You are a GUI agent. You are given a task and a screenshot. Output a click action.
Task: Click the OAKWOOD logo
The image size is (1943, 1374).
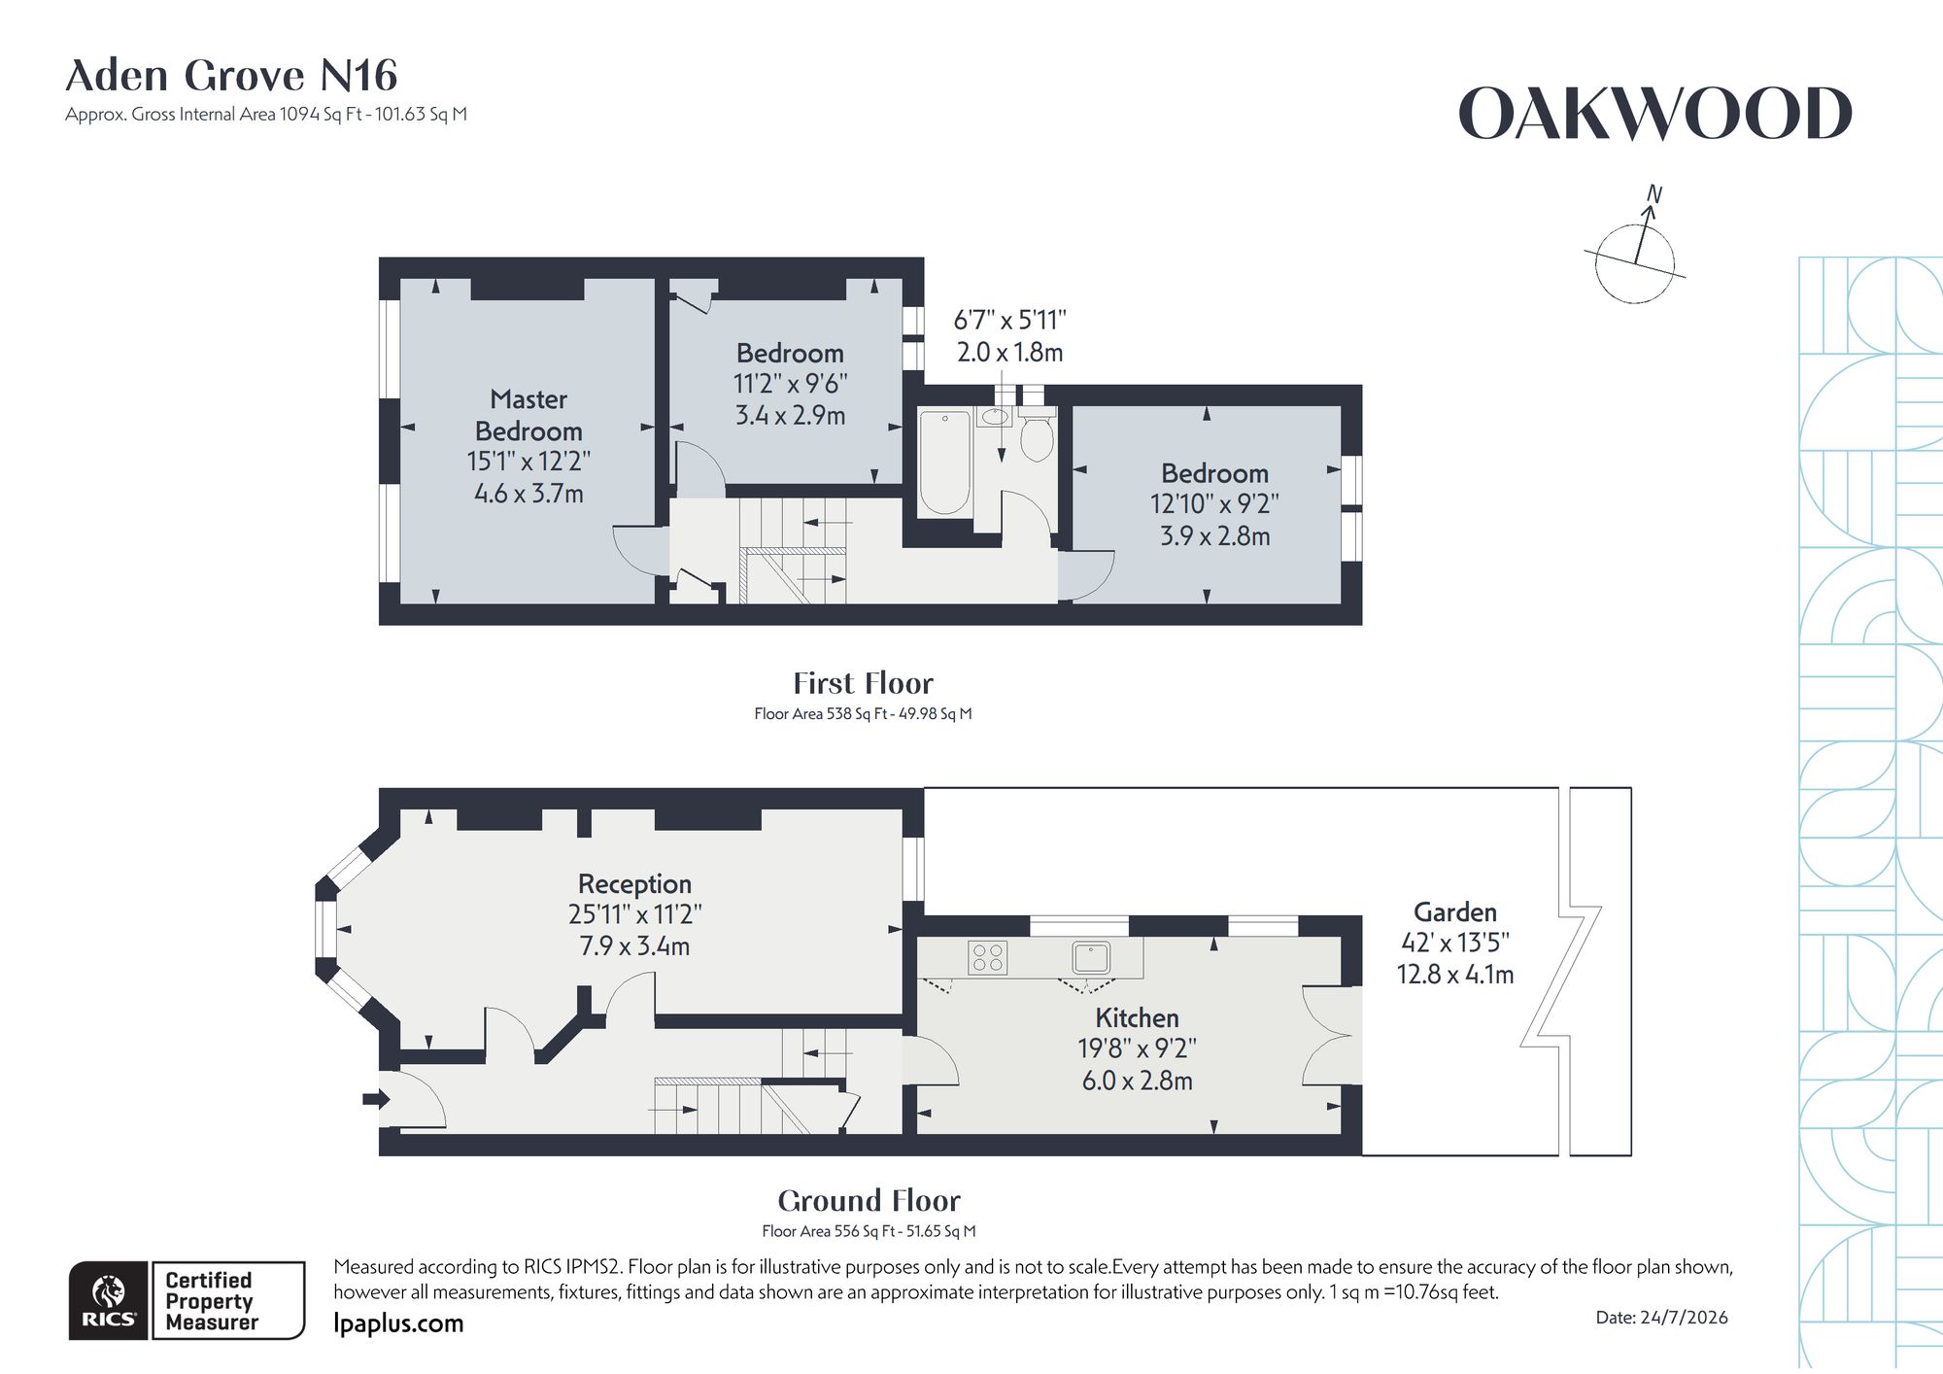tap(1655, 114)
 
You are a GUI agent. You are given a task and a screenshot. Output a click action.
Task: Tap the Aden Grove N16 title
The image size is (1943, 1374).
tap(231, 75)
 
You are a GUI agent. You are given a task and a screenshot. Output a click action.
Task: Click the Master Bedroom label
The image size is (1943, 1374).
tap(528, 415)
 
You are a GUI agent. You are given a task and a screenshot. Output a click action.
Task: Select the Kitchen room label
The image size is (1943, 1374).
tap(1137, 1017)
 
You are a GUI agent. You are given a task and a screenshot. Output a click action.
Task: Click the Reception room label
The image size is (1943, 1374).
tap(634, 883)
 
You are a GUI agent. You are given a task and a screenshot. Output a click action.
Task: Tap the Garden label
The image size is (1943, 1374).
tap(1454, 911)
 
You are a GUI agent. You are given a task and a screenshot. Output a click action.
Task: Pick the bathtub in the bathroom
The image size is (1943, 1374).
tap(944, 462)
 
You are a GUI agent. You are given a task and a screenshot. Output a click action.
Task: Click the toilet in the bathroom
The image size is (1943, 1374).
tap(1037, 433)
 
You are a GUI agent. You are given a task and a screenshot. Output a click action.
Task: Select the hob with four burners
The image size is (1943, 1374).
tap(988, 957)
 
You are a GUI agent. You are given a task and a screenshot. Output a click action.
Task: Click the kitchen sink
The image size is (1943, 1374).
tap(1091, 957)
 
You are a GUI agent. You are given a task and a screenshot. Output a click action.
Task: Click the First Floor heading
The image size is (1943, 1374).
tap(863, 683)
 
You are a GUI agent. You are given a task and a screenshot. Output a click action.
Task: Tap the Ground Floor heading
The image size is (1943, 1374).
tap(869, 1201)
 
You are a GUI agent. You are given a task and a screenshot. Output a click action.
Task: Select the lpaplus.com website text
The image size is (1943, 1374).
tap(398, 1323)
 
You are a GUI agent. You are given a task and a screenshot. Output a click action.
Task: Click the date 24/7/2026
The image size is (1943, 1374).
tap(1661, 1318)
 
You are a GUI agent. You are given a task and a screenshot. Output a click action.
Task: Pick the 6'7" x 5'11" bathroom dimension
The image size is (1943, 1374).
tap(1010, 320)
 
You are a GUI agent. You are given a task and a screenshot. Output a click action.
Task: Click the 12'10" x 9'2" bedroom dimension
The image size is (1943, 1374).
tap(1214, 504)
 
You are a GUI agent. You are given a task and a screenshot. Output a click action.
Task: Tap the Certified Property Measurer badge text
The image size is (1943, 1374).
tap(212, 1301)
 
